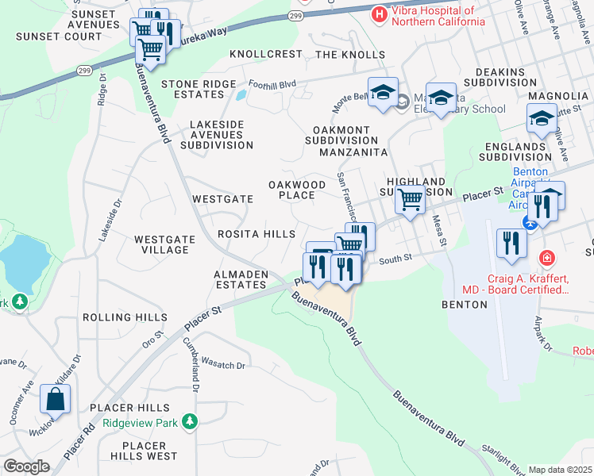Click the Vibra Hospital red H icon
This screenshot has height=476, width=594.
tap(379, 14)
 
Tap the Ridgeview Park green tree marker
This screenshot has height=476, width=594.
tap(189, 423)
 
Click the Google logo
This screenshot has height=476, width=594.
tap(27, 466)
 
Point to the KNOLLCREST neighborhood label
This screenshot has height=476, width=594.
tap(266, 54)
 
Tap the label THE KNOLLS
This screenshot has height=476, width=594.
tap(350, 55)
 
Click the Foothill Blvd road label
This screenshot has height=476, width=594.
tap(272, 82)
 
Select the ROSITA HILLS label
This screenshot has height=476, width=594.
tap(256, 234)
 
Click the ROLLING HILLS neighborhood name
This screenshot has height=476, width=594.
tap(125, 317)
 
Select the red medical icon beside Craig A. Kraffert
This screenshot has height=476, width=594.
tap(546, 258)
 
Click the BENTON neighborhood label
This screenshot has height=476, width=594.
tap(463, 304)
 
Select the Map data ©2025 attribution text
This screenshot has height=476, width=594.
tap(560, 470)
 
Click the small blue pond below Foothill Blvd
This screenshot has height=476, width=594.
tap(240, 95)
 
